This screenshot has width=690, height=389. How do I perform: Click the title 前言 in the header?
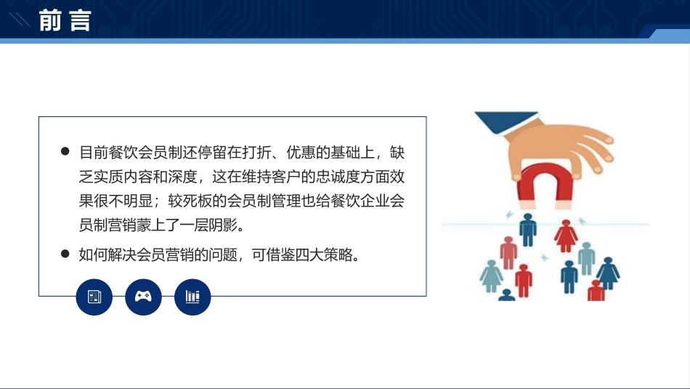click(65, 20)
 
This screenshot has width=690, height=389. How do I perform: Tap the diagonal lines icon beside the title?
click(20, 20)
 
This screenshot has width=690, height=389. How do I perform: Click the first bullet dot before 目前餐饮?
click(65, 151)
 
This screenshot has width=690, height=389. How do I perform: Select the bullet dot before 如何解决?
click(65, 254)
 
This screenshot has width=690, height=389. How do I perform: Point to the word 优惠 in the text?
click(301, 153)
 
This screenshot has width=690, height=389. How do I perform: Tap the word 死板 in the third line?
click(197, 201)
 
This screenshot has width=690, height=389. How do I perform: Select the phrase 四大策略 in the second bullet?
click(324, 254)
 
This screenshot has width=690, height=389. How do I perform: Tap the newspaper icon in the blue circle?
click(94, 297)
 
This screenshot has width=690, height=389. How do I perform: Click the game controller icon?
click(144, 297)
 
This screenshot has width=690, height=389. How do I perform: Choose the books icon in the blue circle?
click(192, 297)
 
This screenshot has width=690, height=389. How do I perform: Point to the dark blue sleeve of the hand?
click(506, 122)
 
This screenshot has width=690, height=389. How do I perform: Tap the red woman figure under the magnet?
click(566, 236)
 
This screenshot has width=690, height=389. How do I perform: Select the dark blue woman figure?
click(608, 273)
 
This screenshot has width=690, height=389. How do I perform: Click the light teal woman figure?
click(491, 276)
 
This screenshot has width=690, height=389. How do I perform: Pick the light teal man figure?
click(586, 259)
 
